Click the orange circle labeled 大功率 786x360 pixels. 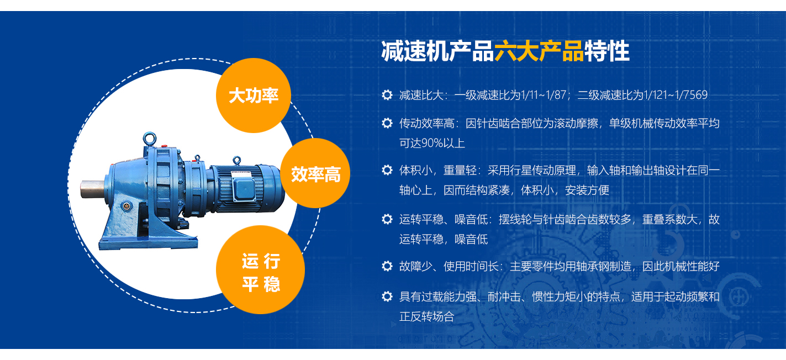point(254,96)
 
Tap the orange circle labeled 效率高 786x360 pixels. point(315,173)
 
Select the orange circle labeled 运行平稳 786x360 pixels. point(260,269)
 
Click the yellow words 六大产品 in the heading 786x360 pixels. point(539,51)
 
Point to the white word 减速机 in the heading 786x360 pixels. point(415,51)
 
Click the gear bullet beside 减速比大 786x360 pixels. point(387,95)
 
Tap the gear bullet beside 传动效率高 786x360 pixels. point(387,123)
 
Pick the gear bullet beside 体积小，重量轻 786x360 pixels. point(387,170)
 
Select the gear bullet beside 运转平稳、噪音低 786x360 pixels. point(387,219)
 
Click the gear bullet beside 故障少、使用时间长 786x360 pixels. point(387,266)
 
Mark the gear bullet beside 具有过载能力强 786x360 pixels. point(387,297)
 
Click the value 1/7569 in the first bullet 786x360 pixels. point(690,95)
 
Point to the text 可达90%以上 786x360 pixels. point(432,143)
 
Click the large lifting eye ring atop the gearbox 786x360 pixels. point(150,139)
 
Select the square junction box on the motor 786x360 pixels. point(244,189)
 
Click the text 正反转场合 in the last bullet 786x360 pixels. point(426,317)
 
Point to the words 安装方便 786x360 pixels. point(587,190)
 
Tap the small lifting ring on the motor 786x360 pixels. point(237,160)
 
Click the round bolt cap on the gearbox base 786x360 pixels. point(126,206)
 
